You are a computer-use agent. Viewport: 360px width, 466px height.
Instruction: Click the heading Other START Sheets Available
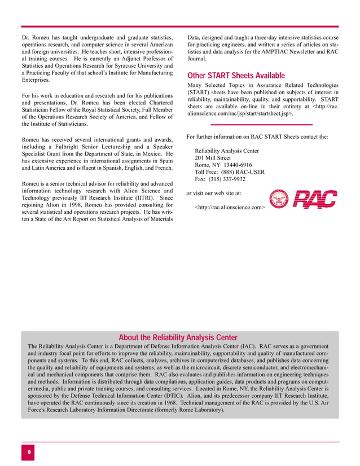coord(235,76)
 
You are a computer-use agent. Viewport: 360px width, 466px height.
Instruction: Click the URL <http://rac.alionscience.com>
coord(230,208)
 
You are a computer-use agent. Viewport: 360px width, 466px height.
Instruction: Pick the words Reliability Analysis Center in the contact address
coord(227,151)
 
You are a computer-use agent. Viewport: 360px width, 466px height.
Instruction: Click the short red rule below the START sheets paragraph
coord(261,124)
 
